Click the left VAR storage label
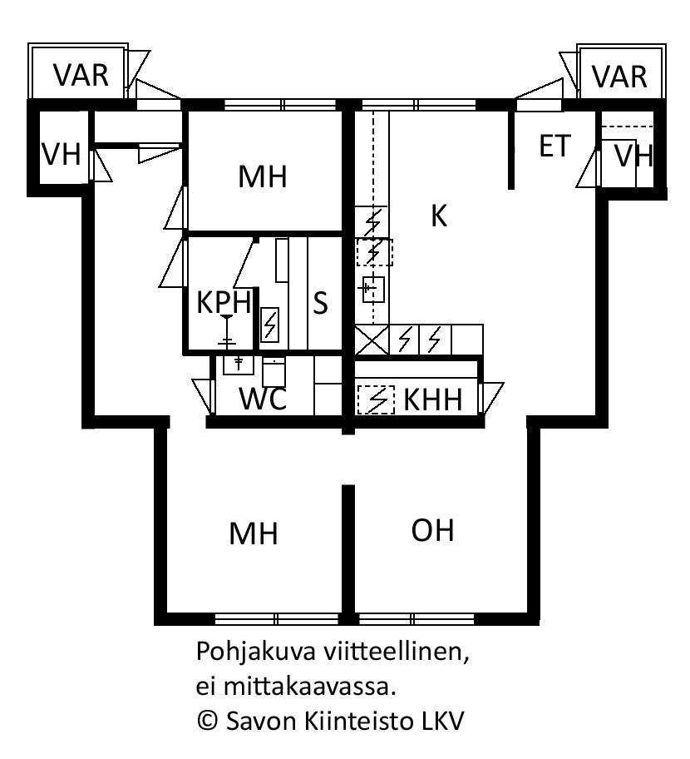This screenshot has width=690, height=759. point(81,76)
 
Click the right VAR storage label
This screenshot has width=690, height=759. point(619,77)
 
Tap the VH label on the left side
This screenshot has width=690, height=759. point(62,154)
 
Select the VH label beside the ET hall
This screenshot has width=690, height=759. point(634,156)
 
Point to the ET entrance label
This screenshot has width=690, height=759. point(554,146)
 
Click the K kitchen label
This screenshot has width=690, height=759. point(439,216)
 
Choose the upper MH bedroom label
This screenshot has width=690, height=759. point(263,176)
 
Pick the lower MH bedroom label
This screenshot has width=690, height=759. point(254,533)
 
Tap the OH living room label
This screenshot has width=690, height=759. point(433,530)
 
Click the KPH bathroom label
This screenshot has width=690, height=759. point(224,302)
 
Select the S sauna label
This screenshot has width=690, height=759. point(320,303)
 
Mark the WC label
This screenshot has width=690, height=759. point(263,399)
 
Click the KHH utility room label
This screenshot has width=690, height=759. point(433,399)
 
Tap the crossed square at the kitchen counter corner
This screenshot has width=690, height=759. point(372,340)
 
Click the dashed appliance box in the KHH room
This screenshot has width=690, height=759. point(376,399)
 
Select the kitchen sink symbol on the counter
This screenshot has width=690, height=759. point(372,290)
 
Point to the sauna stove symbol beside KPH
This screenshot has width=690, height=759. point(269,325)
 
